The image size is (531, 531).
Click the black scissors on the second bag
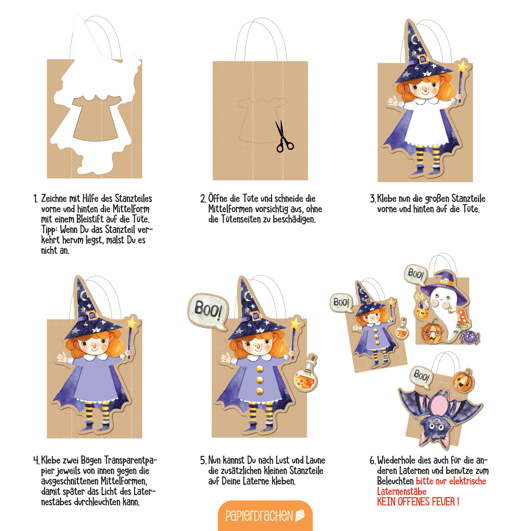click(x=284, y=137)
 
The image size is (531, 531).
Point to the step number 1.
click(x=35, y=199)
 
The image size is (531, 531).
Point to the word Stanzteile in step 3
click(x=468, y=199)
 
